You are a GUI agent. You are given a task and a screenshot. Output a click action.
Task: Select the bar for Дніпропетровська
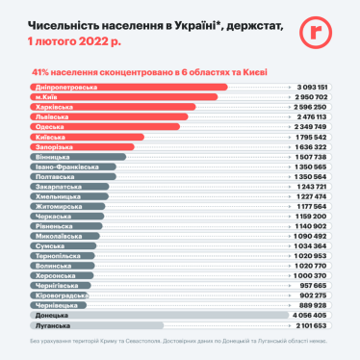[130, 88]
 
